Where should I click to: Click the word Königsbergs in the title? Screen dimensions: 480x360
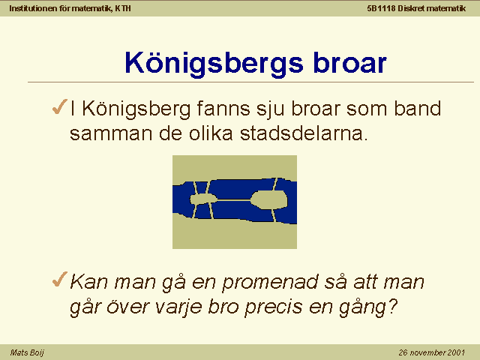tap(214, 64)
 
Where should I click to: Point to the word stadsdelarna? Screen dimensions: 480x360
tap(304, 133)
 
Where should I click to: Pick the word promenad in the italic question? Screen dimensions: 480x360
tap(269, 283)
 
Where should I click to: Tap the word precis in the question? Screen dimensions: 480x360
tap(273, 307)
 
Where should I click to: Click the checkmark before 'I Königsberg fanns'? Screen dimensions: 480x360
tap(59, 106)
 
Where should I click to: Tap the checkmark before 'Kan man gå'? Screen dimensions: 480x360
tap(59, 279)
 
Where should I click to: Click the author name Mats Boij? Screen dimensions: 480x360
tap(27, 352)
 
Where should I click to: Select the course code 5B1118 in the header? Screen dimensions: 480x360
tap(381, 8)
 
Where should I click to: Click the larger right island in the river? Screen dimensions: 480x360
tap(269, 200)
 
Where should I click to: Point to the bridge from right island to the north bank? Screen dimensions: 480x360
tap(274, 184)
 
